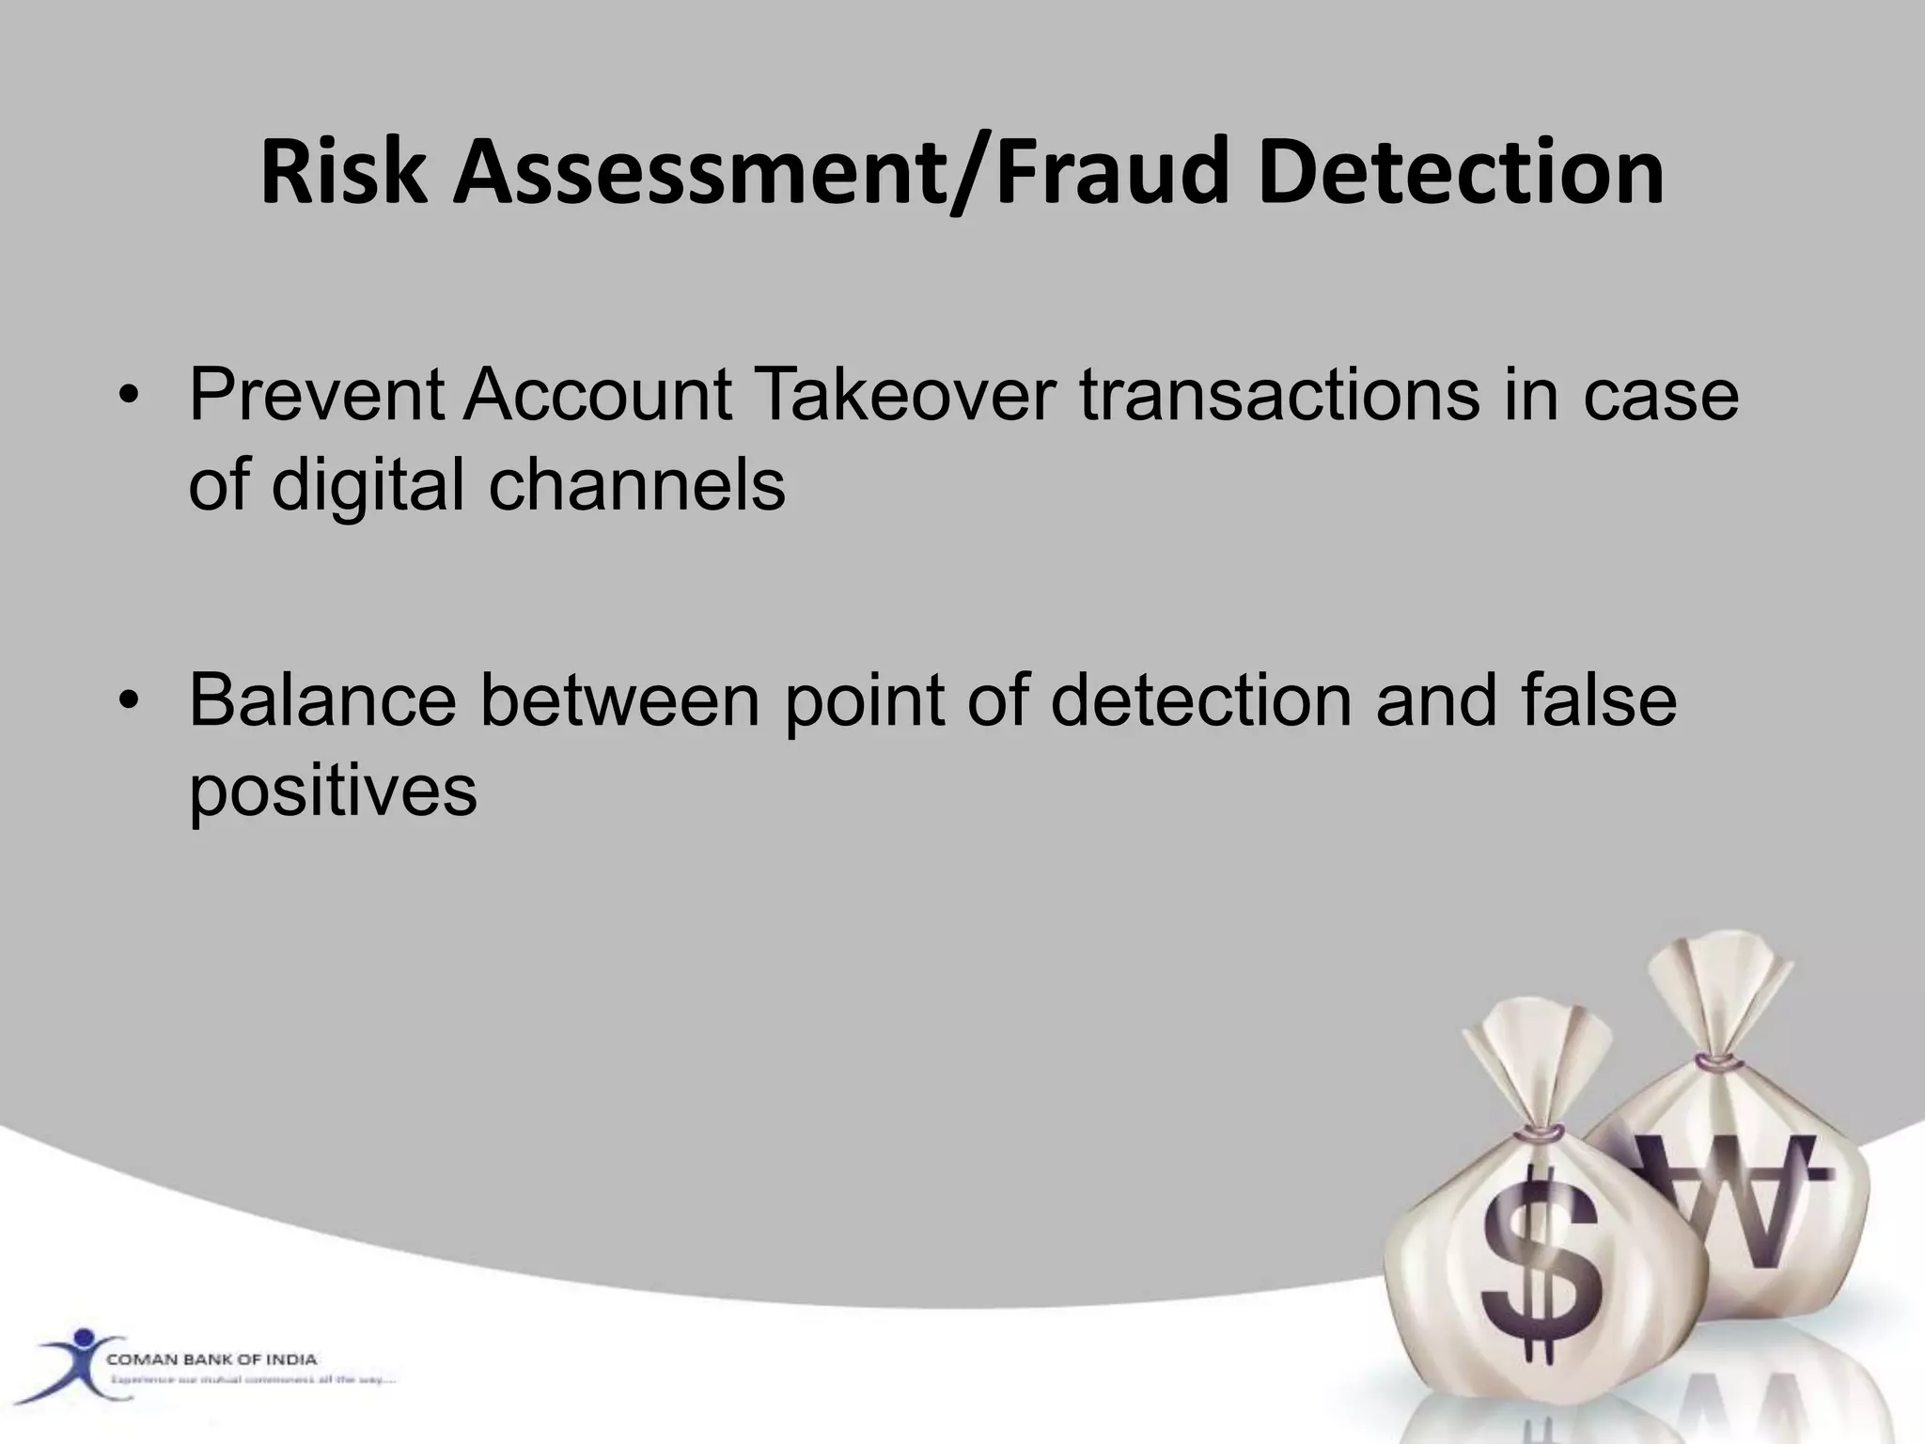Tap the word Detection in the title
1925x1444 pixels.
coord(1461,172)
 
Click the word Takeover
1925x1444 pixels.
coord(904,395)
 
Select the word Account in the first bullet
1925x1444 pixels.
coord(597,395)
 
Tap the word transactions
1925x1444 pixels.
coord(1278,395)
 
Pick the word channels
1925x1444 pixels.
coord(636,485)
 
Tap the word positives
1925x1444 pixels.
coord(333,792)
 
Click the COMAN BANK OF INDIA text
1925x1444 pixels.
coord(211,1359)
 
